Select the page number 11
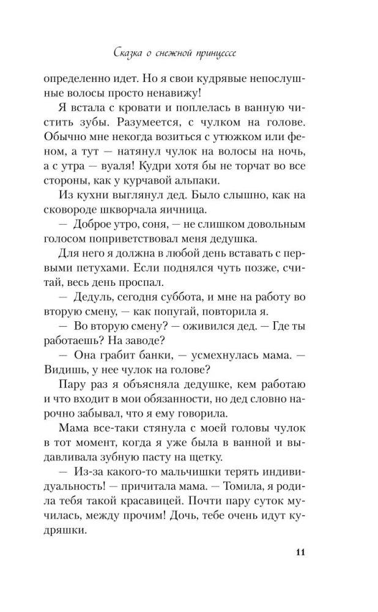[299, 553]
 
